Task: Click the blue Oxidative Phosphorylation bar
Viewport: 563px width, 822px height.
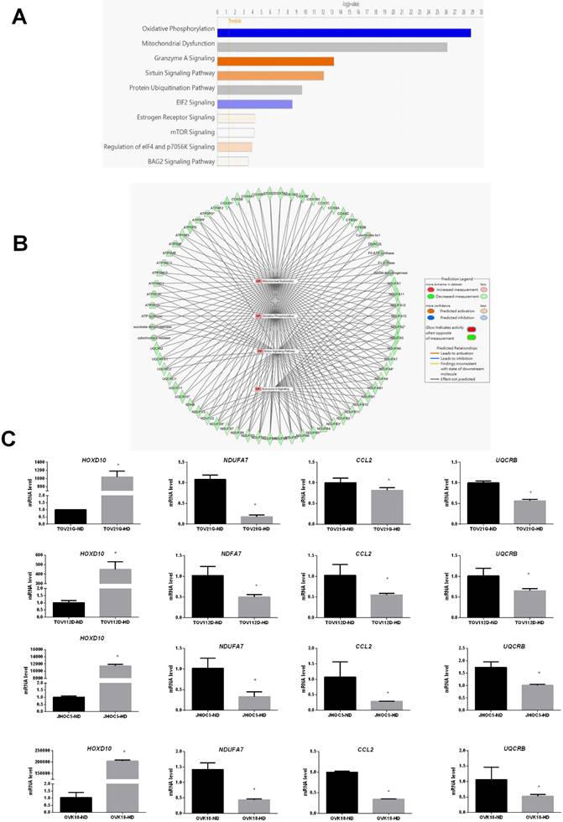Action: point(343,32)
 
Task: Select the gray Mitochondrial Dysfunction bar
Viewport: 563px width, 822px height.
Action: point(331,46)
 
